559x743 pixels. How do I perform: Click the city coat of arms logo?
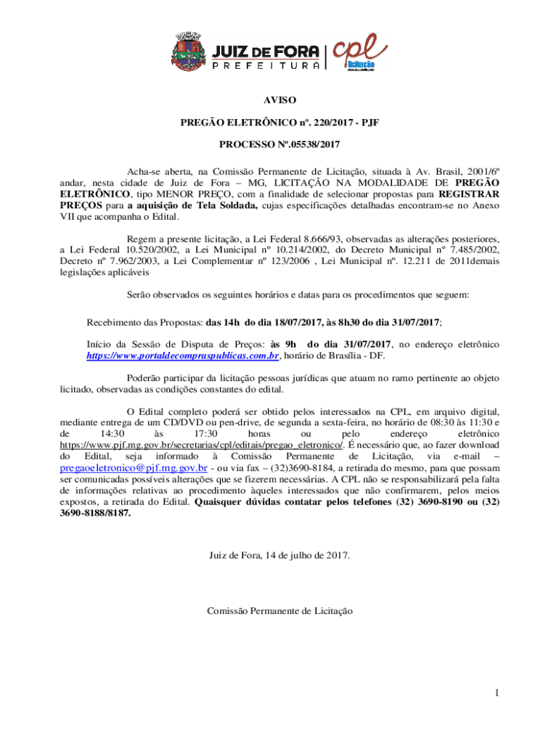tap(187, 53)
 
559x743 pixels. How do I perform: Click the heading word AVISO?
tap(279, 100)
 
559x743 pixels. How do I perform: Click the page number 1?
tap(496, 693)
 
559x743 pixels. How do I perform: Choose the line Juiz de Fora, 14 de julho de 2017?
tap(279, 556)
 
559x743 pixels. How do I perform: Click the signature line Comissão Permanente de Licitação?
tap(279, 611)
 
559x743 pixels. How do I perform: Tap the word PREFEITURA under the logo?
tap(266, 65)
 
